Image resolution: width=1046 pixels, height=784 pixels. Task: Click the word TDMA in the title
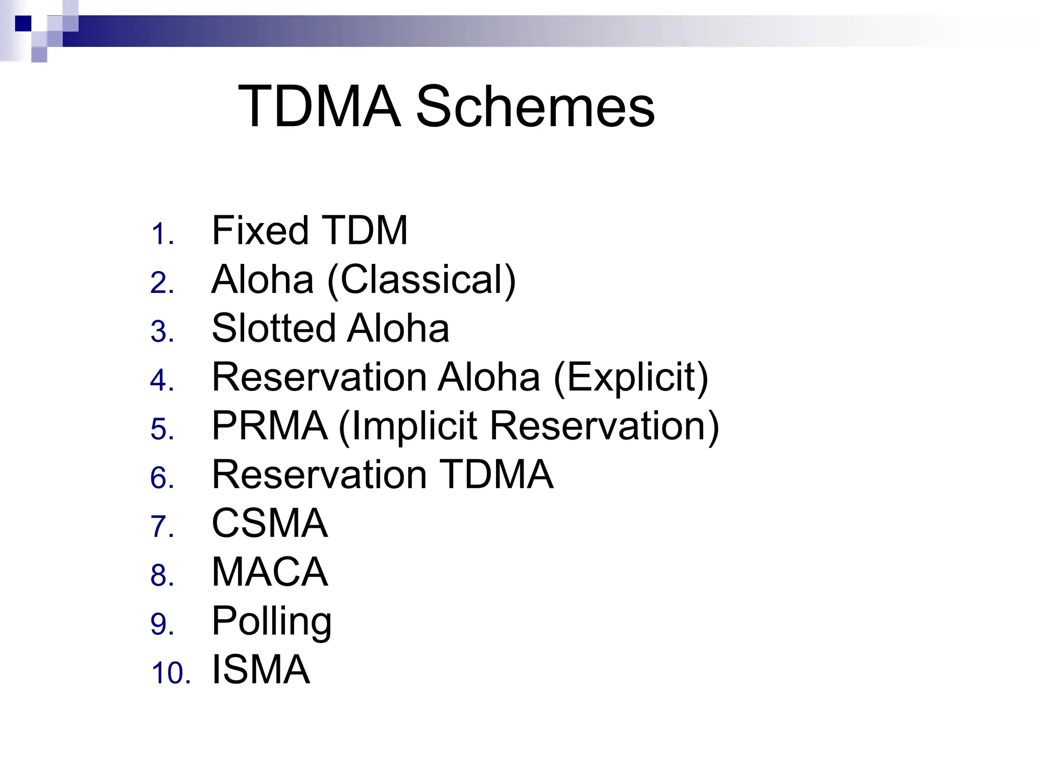[x=319, y=107]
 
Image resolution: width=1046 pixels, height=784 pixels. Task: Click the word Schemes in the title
[x=535, y=107]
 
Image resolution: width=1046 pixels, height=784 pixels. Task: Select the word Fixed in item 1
[x=259, y=231]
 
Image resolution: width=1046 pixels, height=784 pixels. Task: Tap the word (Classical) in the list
[x=421, y=280]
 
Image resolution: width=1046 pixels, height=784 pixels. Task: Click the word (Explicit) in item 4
[x=631, y=377]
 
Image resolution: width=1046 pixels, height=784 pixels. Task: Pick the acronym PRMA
[x=270, y=426]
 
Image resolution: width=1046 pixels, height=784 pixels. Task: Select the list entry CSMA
[x=270, y=523]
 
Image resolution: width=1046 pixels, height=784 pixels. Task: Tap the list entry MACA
[x=270, y=572]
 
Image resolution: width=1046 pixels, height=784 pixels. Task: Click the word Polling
[x=272, y=621]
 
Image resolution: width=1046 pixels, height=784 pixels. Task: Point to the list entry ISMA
[x=260, y=670]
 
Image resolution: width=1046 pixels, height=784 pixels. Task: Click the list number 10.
[x=171, y=673]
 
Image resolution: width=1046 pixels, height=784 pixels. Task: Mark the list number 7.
[x=162, y=527]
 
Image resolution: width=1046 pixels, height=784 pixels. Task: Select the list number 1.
[x=162, y=234]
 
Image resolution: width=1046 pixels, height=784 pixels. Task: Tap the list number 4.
[x=162, y=381]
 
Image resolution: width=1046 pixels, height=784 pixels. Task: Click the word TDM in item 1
[x=365, y=231]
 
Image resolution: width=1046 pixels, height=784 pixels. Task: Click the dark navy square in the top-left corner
[x=23, y=23]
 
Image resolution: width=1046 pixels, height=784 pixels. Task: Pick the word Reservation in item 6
[x=319, y=475]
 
